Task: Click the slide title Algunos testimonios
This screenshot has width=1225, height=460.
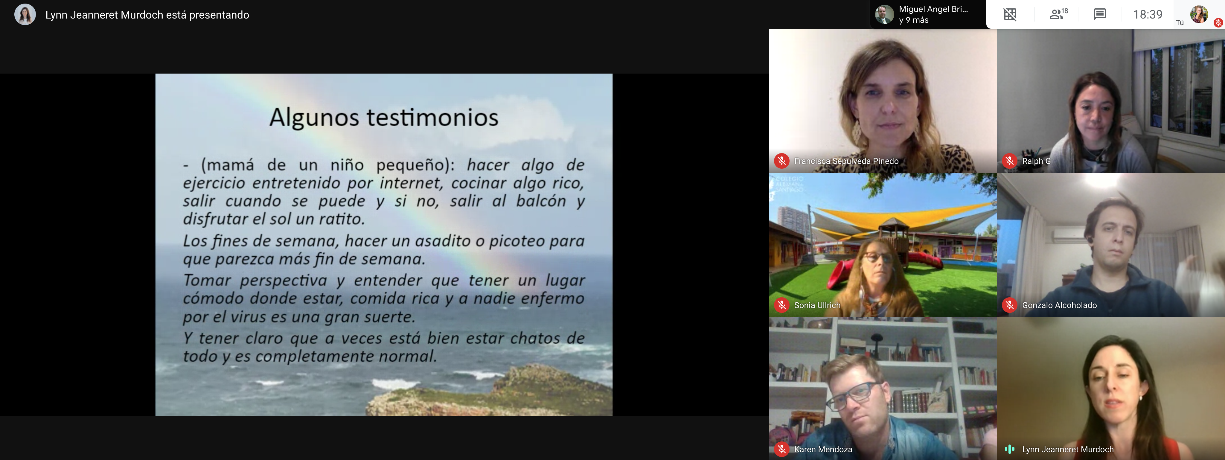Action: [384, 118]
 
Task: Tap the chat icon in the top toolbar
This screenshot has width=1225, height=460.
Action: [1099, 14]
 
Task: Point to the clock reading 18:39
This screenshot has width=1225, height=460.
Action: [1148, 14]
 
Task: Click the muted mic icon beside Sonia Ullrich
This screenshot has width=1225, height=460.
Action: [781, 305]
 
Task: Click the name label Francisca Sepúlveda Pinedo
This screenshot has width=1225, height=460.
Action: [846, 161]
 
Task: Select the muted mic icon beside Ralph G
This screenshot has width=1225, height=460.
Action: [1009, 161]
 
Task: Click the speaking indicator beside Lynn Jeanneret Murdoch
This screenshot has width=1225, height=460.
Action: [1009, 449]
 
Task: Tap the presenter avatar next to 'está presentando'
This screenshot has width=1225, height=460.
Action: [25, 14]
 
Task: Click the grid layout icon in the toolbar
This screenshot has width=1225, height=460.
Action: [1010, 14]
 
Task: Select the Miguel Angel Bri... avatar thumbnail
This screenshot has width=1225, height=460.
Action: [884, 14]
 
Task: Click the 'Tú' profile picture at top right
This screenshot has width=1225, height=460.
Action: [1199, 14]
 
